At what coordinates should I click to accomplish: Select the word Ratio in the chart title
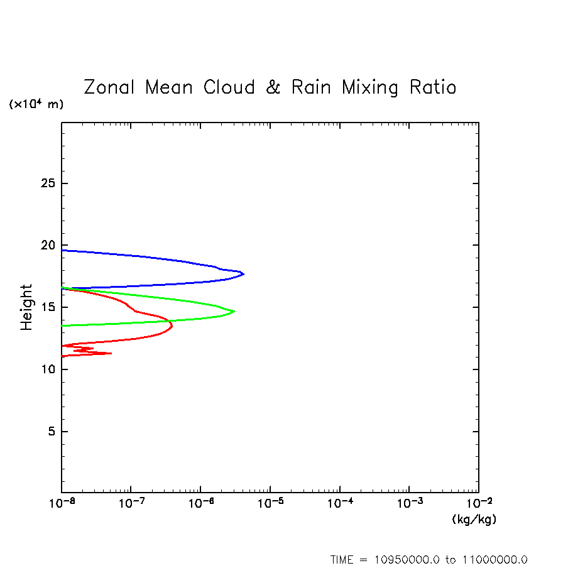click(433, 87)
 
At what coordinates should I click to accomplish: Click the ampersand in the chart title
click(273, 87)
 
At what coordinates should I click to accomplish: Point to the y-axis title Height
click(26, 307)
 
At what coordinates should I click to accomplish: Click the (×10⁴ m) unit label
click(36, 104)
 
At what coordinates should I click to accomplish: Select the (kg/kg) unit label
click(474, 520)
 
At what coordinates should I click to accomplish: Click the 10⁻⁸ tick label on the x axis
click(62, 505)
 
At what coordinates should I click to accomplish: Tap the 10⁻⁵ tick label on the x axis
click(270, 505)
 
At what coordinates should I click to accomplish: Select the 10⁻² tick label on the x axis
click(479, 505)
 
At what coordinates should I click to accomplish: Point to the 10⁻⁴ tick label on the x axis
click(340, 505)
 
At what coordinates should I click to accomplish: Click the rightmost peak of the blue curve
click(243, 274)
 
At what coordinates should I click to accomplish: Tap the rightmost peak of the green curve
click(234, 311)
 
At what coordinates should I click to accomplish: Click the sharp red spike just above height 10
click(111, 353)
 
